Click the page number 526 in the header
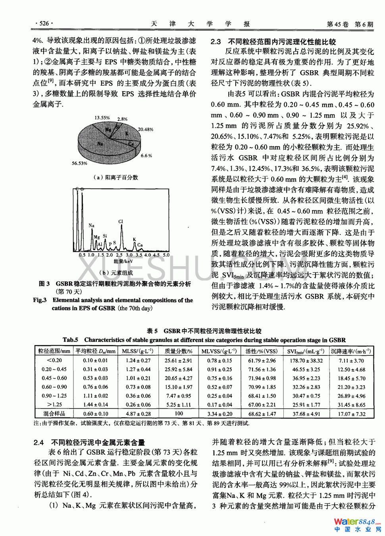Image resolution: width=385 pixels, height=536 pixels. pyautogui.click(x=44, y=23)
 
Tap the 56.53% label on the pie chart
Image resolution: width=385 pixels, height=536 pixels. pyautogui.click(x=79, y=163)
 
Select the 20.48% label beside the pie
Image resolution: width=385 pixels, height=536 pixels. pyautogui.click(x=145, y=129)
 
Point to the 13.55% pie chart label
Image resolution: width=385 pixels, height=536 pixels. pyautogui.click(x=102, y=118)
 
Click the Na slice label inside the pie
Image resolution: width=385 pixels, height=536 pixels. pyautogui.click(x=100, y=144)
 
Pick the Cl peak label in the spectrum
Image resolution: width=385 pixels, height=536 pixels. pyautogui.click(x=121, y=222)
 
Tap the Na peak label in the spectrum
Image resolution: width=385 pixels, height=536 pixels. pyautogui.click(x=91, y=225)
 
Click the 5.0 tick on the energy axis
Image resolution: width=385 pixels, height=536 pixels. pyautogui.click(x=166, y=255)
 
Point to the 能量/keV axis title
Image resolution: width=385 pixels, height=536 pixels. pyautogui.click(x=123, y=261)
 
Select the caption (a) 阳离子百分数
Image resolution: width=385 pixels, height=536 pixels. pyautogui.click(x=115, y=177)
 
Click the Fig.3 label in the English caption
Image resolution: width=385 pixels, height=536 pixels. pyautogui.click(x=40, y=300)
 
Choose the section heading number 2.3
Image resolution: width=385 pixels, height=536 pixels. pyautogui.click(x=216, y=42)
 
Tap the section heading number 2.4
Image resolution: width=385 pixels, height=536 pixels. pyautogui.click(x=38, y=442)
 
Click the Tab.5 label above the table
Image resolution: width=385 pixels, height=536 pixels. pyautogui.click(x=70, y=340)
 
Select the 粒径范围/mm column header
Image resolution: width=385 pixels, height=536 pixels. pyautogui.click(x=54, y=351)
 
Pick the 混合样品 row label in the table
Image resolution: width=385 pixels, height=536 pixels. pyautogui.click(x=54, y=414)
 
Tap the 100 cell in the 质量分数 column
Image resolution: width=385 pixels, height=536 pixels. pyautogui.click(x=179, y=413)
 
